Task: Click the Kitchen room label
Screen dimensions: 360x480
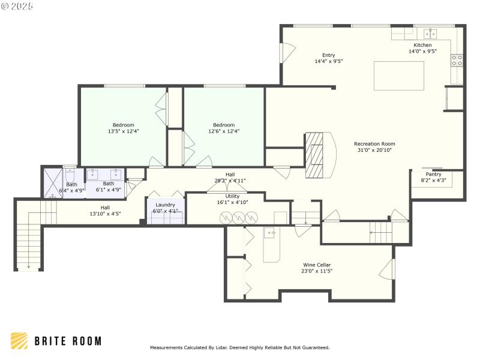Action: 422,45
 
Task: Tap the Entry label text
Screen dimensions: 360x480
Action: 328,55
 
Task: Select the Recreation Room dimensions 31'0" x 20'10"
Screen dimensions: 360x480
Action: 374,150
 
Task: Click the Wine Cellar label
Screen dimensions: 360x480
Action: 316,265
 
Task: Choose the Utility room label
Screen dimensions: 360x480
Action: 232,196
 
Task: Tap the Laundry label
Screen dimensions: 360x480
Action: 165,205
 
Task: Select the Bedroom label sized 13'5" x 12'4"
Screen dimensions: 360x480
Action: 123,125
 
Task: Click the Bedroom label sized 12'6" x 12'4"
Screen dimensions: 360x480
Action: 224,125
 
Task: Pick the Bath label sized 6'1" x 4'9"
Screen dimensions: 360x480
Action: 109,184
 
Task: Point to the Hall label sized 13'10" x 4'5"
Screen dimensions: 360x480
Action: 105,207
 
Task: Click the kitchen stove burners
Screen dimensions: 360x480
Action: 457,60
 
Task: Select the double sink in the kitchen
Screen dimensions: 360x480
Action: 430,33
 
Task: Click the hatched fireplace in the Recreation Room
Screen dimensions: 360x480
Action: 316,155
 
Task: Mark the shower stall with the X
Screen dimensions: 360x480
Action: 52,182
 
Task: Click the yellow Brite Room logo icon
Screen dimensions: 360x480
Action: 19,341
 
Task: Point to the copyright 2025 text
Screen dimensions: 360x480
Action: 17,6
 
